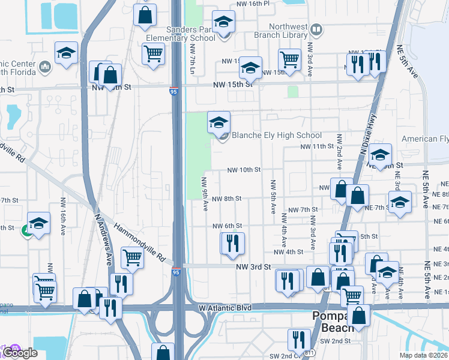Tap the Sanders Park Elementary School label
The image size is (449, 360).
coord(180,34)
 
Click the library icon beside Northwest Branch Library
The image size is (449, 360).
coord(316,29)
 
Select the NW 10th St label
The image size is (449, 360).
coord(244,170)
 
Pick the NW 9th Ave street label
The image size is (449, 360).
coord(205,194)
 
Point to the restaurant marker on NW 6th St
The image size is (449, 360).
coord(232,243)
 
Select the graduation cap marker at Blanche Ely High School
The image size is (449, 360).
coord(219,123)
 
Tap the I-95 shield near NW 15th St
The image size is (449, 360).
coord(173,92)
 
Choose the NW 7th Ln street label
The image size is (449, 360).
coord(193,59)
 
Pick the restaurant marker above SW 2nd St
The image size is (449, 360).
coord(298,340)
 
